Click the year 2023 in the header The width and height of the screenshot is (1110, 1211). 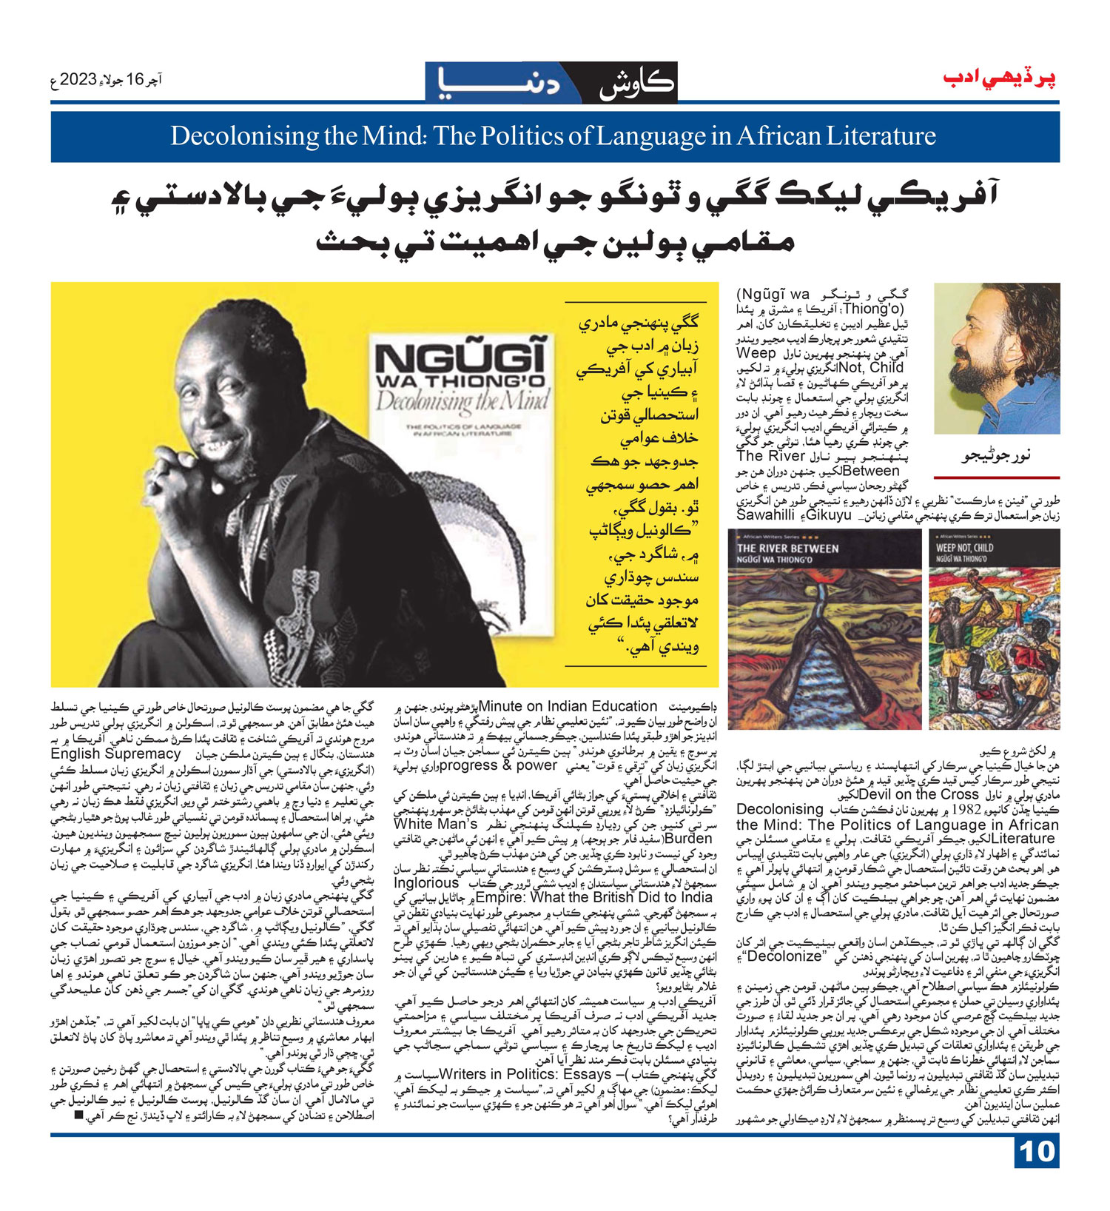(88, 79)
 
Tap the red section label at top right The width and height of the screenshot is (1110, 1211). (1000, 79)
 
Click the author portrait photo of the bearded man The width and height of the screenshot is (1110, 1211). (996, 358)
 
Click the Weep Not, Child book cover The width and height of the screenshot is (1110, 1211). (994, 629)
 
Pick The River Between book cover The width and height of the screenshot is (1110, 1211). (824, 629)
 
